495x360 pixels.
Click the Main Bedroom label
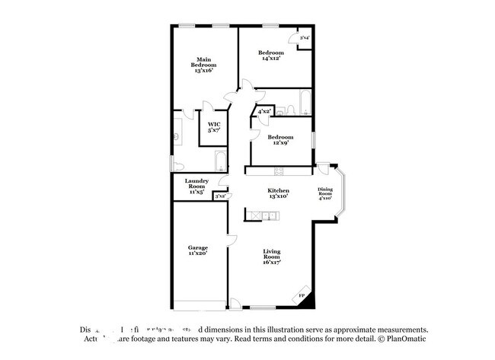[x=203, y=65]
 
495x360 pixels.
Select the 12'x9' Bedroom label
[x=277, y=141]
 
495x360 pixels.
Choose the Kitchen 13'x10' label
[x=278, y=193]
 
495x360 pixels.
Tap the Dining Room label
[x=325, y=194]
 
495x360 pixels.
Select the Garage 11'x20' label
[x=198, y=251]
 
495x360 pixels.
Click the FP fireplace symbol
[x=303, y=295]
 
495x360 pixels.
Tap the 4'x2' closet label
[x=264, y=112]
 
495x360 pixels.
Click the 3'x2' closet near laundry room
[x=219, y=196]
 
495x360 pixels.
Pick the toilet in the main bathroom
[x=176, y=164]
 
